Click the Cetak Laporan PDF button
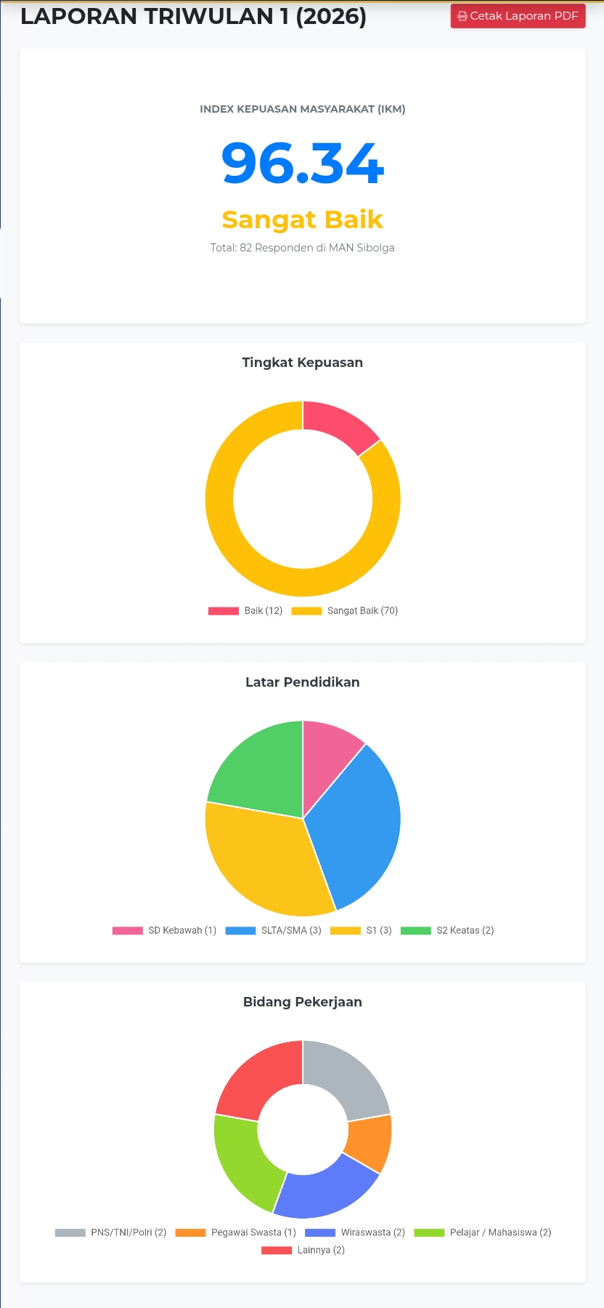point(518,16)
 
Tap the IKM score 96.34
point(302,163)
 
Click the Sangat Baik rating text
point(302,219)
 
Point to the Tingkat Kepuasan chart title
point(302,363)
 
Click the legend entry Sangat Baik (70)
point(345,610)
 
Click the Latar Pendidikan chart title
point(302,682)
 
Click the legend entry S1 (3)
point(361,930)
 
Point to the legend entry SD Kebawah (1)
point(165,930)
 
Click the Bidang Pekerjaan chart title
point(302,1002)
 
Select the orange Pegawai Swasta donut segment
point(369,1142)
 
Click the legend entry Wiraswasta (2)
point(355,1232)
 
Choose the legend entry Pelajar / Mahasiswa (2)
point(483,1232)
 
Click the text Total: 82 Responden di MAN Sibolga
point(302,248)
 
